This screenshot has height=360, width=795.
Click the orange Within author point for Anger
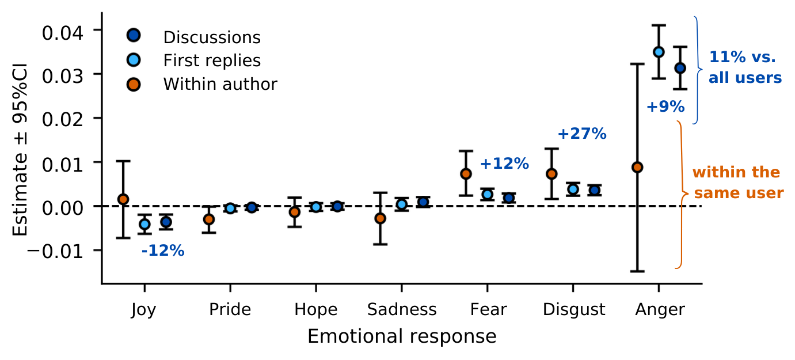637,167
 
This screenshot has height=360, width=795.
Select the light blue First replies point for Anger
659,52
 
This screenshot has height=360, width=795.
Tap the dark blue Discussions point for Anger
680,68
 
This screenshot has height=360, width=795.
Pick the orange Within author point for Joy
123,199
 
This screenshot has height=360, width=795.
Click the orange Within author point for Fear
466,173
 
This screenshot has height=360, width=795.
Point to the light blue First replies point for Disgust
573,189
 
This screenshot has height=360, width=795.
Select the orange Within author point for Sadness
380,218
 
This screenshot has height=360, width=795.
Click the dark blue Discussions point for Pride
252,207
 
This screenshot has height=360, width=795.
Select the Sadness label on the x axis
402,310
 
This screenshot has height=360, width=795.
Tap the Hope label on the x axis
315,310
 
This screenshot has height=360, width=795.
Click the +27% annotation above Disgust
581,134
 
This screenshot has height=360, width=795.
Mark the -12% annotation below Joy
162,251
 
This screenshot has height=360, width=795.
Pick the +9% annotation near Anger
665,107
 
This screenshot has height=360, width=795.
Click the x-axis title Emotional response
402,336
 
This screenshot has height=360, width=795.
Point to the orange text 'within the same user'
737,183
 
